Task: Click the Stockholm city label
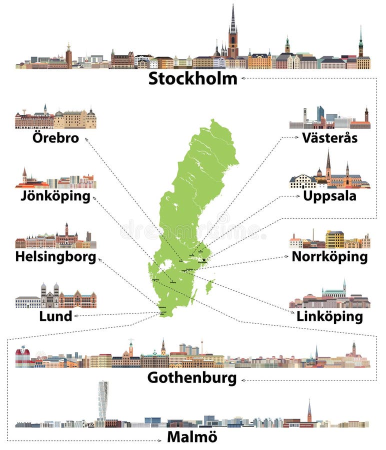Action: point(192,78)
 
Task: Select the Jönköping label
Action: point(55,195)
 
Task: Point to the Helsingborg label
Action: point(55,257)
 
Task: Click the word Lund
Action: point(55,315)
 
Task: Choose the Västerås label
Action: point(329,137)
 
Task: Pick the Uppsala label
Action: point(329,195)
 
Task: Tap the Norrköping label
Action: point(329,257)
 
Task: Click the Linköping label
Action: point(329,316)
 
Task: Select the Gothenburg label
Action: point(192,378)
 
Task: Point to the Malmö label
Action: point(192,436)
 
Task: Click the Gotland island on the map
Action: point(210,286)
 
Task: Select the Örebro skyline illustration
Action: point(55,118)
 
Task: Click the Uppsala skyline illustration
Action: point(329,175)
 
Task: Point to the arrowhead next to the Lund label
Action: point(75,316)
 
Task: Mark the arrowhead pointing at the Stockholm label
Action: point(243,78)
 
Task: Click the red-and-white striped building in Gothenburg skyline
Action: point(22,357)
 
